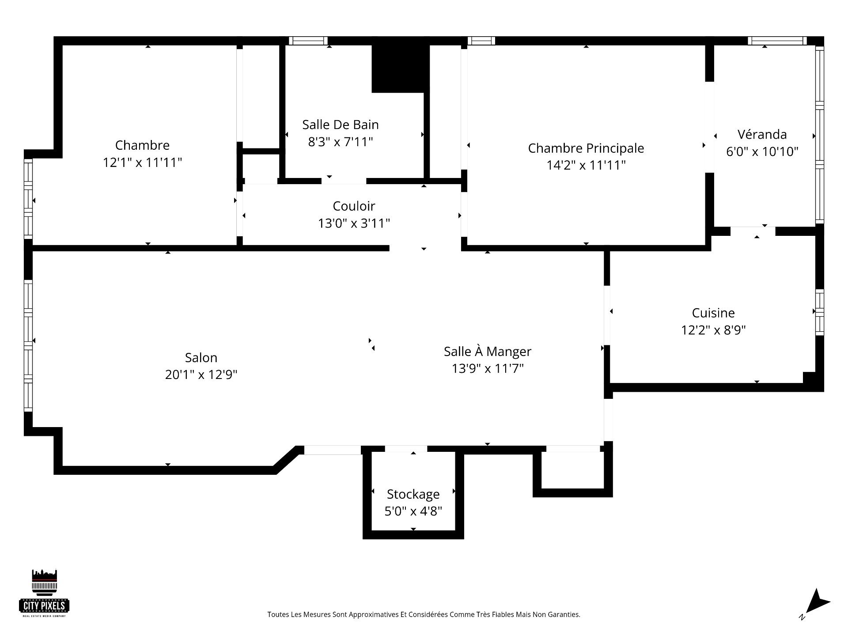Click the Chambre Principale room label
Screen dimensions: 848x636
pyautogui.click(x=586, y=148)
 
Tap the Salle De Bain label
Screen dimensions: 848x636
pyautogui.click(x=341, y=125)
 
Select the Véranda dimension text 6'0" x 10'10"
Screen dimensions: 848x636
pyautogui.click(x=762, y=151)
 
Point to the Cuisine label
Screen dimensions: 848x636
pyautogui.click(x=713, y=313)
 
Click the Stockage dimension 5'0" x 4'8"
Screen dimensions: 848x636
pyautogui.click(x=413, y=511)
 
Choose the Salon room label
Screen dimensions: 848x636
pyautogui.click(x=201, y=357)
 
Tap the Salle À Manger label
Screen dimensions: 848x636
pyautogui.click(x=488, y=351)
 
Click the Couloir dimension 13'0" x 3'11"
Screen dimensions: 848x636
pyautogui.click(x=354, y=223)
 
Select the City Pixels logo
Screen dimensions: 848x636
pyautogui.click(x=45, y=593)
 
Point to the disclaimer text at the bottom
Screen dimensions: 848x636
pyautogui.click(x=424, y=614)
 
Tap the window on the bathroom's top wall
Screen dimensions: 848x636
pyautogui.click(x=308, y=41)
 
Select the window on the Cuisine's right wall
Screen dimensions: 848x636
pyautogui.click(x=819, y=312)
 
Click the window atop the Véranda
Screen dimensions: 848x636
pyautogui.click(x=777, y=41)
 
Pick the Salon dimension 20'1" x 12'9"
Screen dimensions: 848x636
pyautogui.click(x=201, y=375)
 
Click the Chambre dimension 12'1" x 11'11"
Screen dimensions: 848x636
pyautogui.click(x=142, y=163)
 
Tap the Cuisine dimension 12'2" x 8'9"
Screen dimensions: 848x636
pyautogui.click(x=713, y=330)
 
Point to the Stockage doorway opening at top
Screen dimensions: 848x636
pyautogui.click(x=406, y=449)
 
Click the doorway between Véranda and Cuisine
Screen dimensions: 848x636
pyautogui.click(x=753, y=231)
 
